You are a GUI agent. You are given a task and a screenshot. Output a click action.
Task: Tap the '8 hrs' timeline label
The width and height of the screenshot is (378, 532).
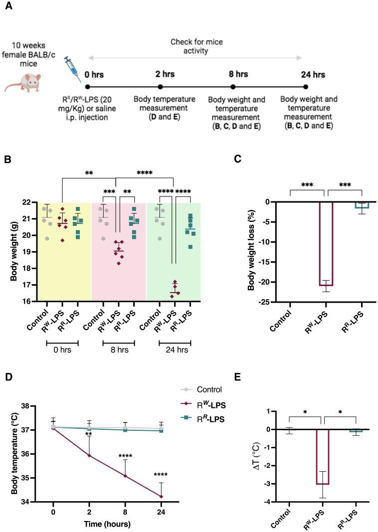pyautogui.click(x=238, y=74)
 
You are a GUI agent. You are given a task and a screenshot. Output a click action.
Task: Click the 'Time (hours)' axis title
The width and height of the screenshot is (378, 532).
pyautogui.click(x=108, y=524)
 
